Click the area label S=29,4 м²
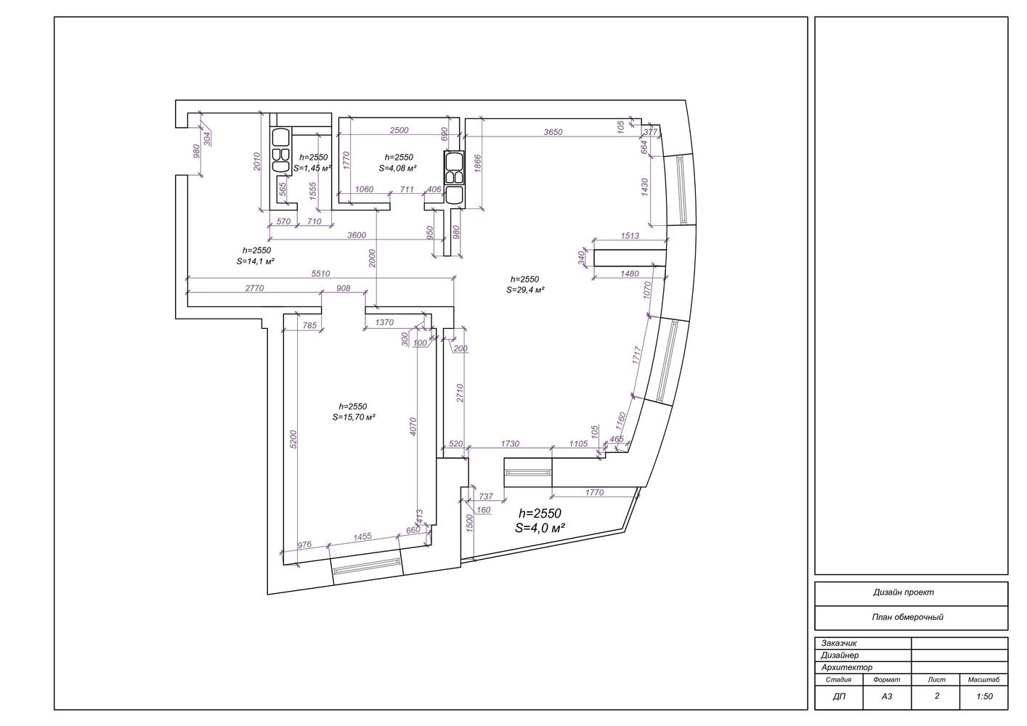pyautogui.click(x=525, y=290)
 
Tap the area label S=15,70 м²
pyautogui.click(x=354, y=417)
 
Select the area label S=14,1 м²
pyautogui.click(x=256, y=261)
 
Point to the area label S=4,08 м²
pyautogui.click(x=397, y=168)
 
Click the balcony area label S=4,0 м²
pyautogui.click(x=540, y=528)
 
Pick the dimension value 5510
pyautogui.click(x=320, y=274)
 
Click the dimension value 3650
pyautogui.click(x=553, y=132)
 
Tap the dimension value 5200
pyautogui.click(x=293, y=439)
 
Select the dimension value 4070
pyautogui.click(x=413, y=426)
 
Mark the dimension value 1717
pyautogui.click(x=636, y=355)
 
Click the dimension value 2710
pyautogui.click(x=460, y=393)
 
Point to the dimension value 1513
pyautogui.click(x=630, y=235)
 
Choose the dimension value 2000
pyautogui.click(x=372, y=258)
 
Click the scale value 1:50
pyautogui.click(x=985, y=697)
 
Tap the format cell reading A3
pyautogui.click(x=887, y=697)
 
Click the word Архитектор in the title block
pyautogui.click(x=847, y=667)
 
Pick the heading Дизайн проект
pyautogui.click(x=904, y=592)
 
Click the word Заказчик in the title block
pyautogui.click(x=839, y=643)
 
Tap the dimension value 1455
pyautogui.click(x=362, y=537)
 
